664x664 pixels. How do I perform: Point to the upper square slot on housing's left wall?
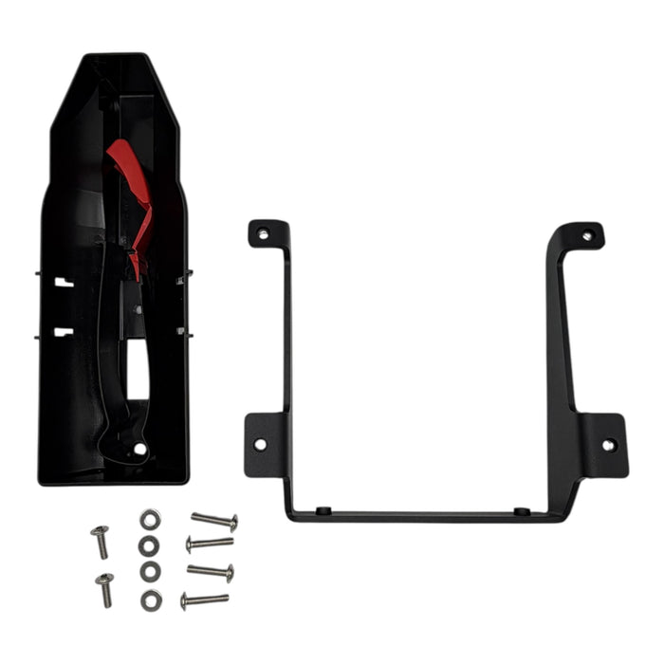click(x=62, y=282)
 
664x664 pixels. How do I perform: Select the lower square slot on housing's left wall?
click(x=63, y=331)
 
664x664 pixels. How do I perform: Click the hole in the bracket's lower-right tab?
click(x=608, y=444)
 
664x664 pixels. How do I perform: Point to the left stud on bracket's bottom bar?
click(x=324, y=510)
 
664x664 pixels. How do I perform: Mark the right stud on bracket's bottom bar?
click(x=520, y=511)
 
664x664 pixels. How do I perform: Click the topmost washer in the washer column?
click(x=149, y=519)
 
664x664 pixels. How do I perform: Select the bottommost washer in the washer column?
click(x=150, y=599)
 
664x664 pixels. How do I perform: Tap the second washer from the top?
click(x=148, y=546)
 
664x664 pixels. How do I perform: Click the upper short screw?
click(x=100, y=540)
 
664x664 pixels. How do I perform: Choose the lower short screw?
click(x=104, y=588)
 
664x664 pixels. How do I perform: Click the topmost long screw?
click(x=214, y=521)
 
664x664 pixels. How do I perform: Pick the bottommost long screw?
click(x=205, y=599)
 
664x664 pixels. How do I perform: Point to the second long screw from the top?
click(x=210, y=544)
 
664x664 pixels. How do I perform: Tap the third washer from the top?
click(x=149, y=573)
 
